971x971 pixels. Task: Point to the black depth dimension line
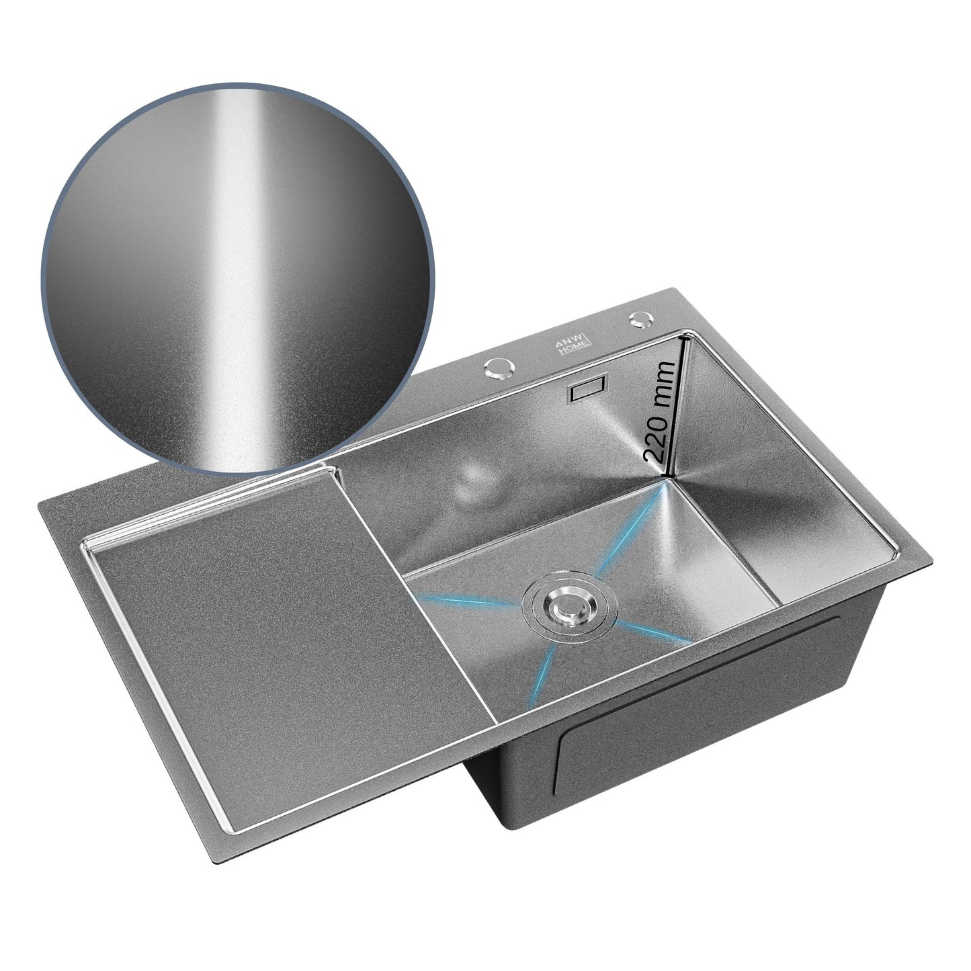pos(676,407)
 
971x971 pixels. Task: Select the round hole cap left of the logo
pos(499,369)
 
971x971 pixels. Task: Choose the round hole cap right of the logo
pos(642,319)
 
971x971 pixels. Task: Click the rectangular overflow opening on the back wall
pos(587,388)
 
